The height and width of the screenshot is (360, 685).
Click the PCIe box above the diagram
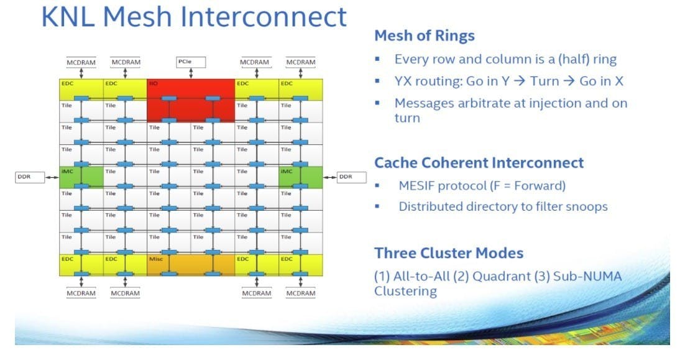[191, 62]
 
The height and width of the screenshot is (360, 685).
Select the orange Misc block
[190, 264]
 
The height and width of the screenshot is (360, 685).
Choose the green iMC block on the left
[81, 177]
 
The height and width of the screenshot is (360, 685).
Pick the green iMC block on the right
[301, 177]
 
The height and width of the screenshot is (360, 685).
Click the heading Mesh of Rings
[424, 36]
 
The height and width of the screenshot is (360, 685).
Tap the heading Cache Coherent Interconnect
[479, 163]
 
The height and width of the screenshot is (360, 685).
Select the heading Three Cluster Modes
[448, 253]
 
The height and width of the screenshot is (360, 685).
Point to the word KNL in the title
[69, 17]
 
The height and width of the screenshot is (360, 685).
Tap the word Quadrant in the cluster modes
[500, 276]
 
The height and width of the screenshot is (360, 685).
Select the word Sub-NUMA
[587, 276]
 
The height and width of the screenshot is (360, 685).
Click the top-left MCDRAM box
[81, 62]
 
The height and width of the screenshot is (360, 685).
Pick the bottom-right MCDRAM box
[301, 293]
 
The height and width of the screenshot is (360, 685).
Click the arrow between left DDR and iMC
[52, 177]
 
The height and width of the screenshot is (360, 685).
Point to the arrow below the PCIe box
[191, 73]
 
